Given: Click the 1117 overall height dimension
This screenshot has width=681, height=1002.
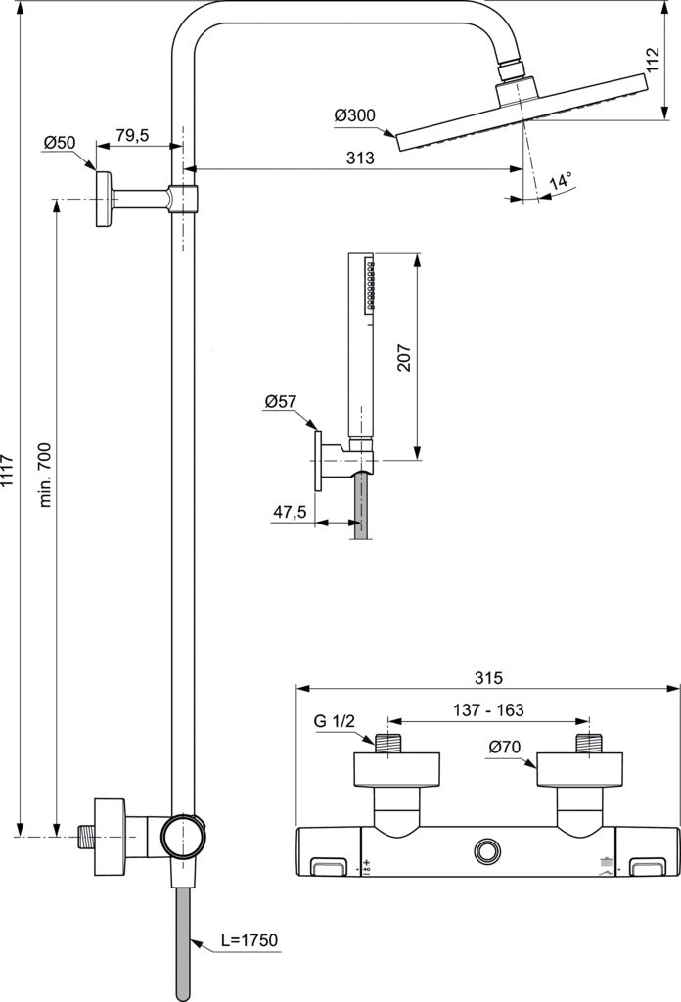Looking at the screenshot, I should pos(9,474).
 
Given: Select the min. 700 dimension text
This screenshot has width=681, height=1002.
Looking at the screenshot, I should pos(46,474).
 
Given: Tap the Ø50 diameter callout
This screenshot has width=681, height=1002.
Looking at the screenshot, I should pos(59,143).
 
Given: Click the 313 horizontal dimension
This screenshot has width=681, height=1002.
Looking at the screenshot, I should pos(356,158).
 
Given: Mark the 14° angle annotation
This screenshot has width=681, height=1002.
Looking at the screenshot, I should pos(560,182).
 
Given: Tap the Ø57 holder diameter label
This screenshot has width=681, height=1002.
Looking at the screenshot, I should pos(282,402).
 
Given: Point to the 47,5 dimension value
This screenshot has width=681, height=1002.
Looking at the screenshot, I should pos(289,512).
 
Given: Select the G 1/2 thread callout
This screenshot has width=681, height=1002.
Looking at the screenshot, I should pos(334,723).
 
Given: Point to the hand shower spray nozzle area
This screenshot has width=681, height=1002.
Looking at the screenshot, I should pos(369,286).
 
